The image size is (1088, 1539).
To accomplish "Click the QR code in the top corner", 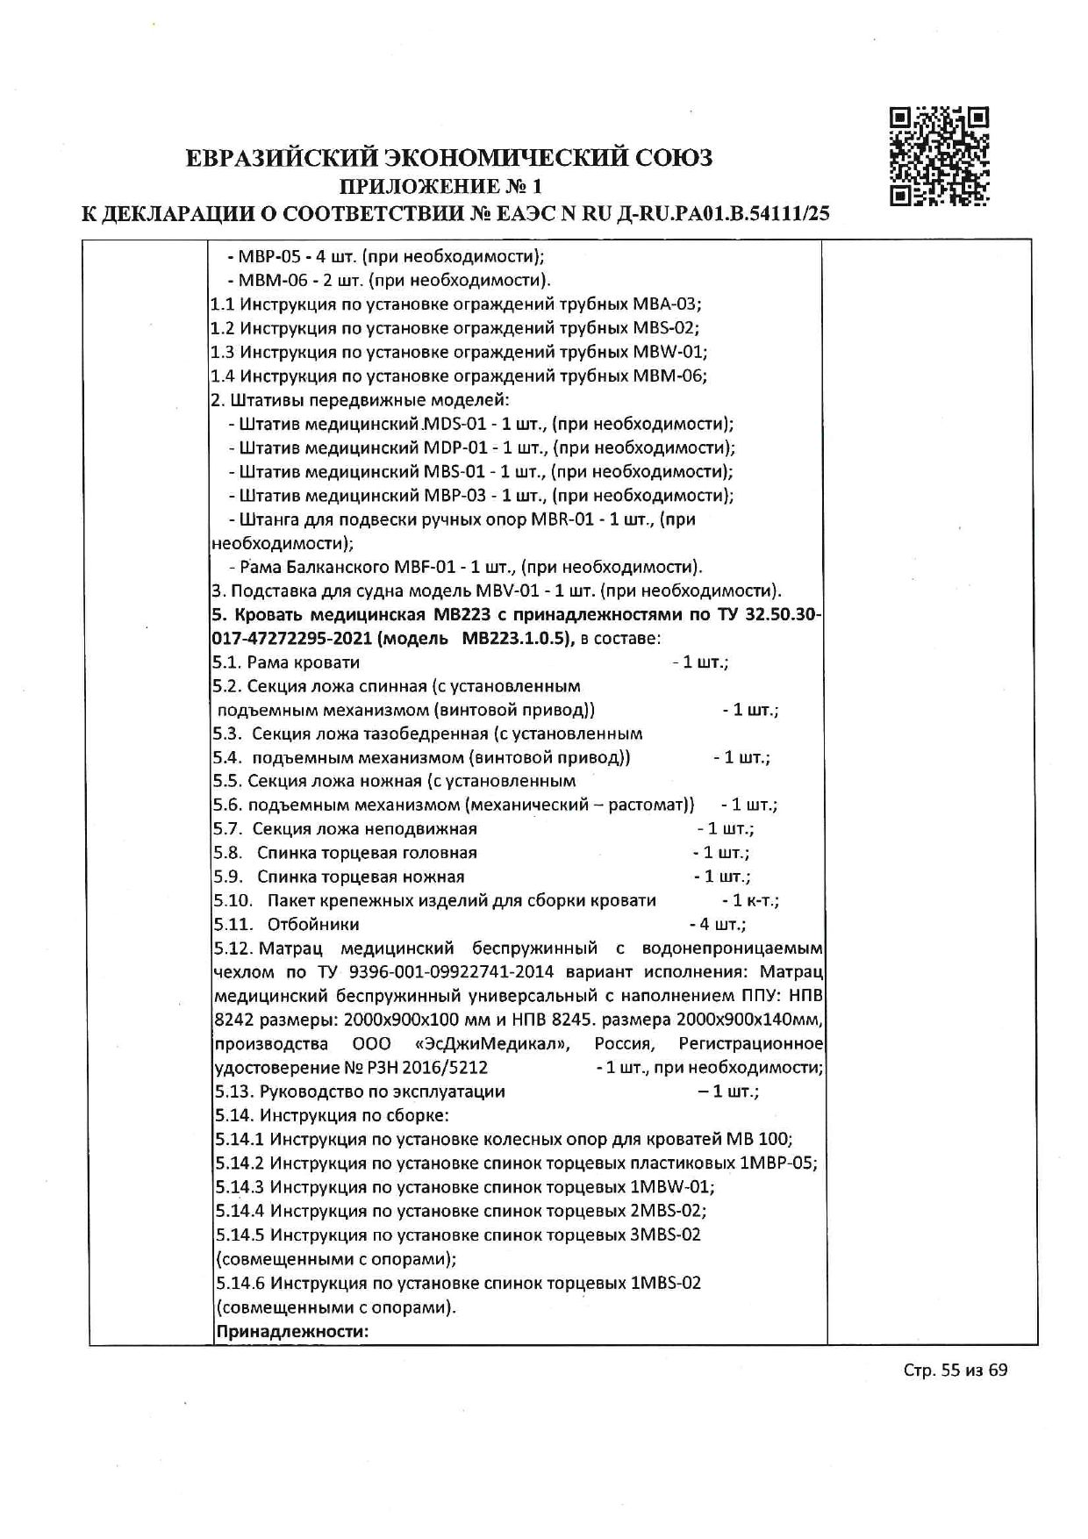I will [x=939, y=156].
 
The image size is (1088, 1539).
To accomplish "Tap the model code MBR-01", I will [x=563, y=519].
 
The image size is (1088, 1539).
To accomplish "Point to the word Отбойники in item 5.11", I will [x=313, y=924].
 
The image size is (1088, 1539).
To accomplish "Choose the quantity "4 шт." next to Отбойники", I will [x=721, y=924].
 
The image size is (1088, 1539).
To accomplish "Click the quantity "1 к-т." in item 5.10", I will [x=754, y=900].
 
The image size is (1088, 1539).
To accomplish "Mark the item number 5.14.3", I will [x=239, y=1187].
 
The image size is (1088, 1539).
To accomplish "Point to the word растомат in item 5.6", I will [x=653, y=805].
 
